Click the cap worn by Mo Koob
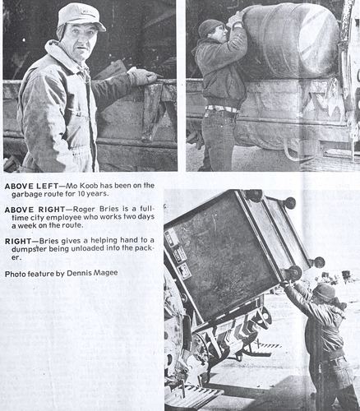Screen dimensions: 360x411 click(81, 16)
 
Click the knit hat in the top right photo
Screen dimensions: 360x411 click(210, 27)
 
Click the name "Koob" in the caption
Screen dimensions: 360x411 click(89, 186)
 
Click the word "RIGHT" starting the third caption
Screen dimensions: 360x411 click(18, 241)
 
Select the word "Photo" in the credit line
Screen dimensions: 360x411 click(14, 274)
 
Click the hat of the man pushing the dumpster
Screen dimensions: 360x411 click(325, 292)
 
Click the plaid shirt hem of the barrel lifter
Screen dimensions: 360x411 click(223, 109)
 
